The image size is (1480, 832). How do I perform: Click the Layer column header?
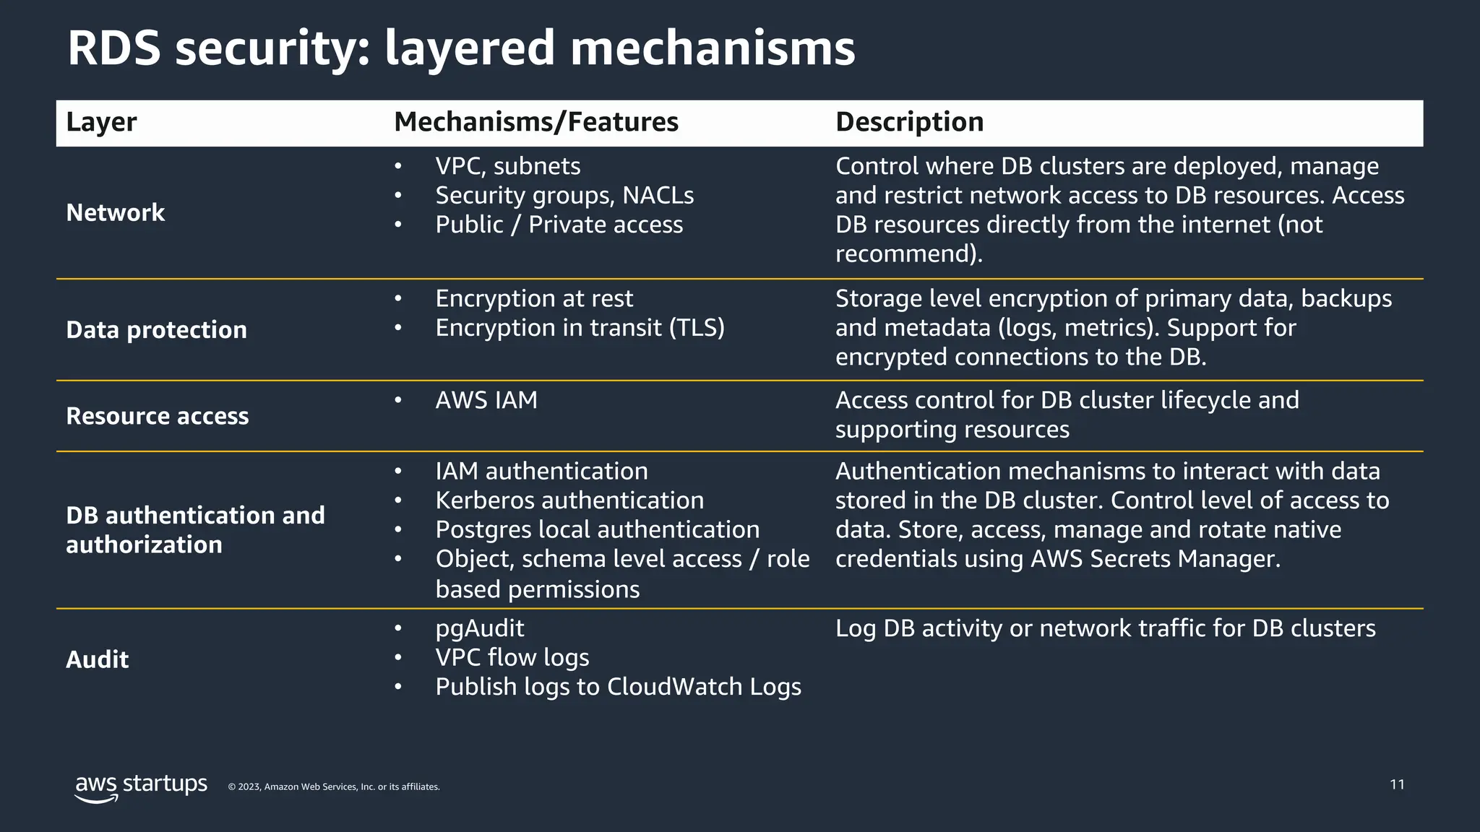pyautogui.click(x=101, y=122)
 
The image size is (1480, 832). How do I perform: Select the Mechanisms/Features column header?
pyautogui.click(x=535, y=122)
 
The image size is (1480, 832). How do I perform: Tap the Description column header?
pyautogui.click(x=909, y=122)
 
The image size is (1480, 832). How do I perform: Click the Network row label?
pyautogui.click(x=116, y=213)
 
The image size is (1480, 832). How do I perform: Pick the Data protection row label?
pyautogui.click(x=156, y=330)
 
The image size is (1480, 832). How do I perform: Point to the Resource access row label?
pyautogui.click(x=157, y=416)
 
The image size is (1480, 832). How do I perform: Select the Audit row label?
pyautogui.click(x=97, y=659)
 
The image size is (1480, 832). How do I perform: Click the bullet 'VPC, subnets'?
pyautogui.click(x=507, y=166)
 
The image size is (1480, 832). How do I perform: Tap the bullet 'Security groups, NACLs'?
pyautogui.click(x=564, y=196)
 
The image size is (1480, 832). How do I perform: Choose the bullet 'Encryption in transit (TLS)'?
pyautogui.click(x=580, y=328)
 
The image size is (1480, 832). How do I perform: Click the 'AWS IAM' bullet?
pyautogui.click(x=486, y=400)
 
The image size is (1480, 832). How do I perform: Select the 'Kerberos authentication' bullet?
pyautogui.click(x=569, y=500)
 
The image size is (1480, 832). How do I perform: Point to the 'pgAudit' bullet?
pyautogui.click(x=479, y=628)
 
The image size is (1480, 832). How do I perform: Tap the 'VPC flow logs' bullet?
pyautogui.click(x=512, y=658)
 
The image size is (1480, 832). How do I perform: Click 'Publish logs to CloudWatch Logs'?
pyautogui.click(x=618, y=687)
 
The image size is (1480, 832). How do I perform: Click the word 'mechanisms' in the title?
pyautogui.click(x=712, y=48)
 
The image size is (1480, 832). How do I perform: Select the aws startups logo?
pyautogui.click(x=141, y=787)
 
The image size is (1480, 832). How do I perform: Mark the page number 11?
pyautogui.click(x=1397, y=785)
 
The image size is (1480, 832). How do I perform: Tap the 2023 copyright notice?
pyautogui.click(x=333, y=787)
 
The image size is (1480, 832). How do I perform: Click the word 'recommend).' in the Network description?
pyautogui.click(x=908, y=254)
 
